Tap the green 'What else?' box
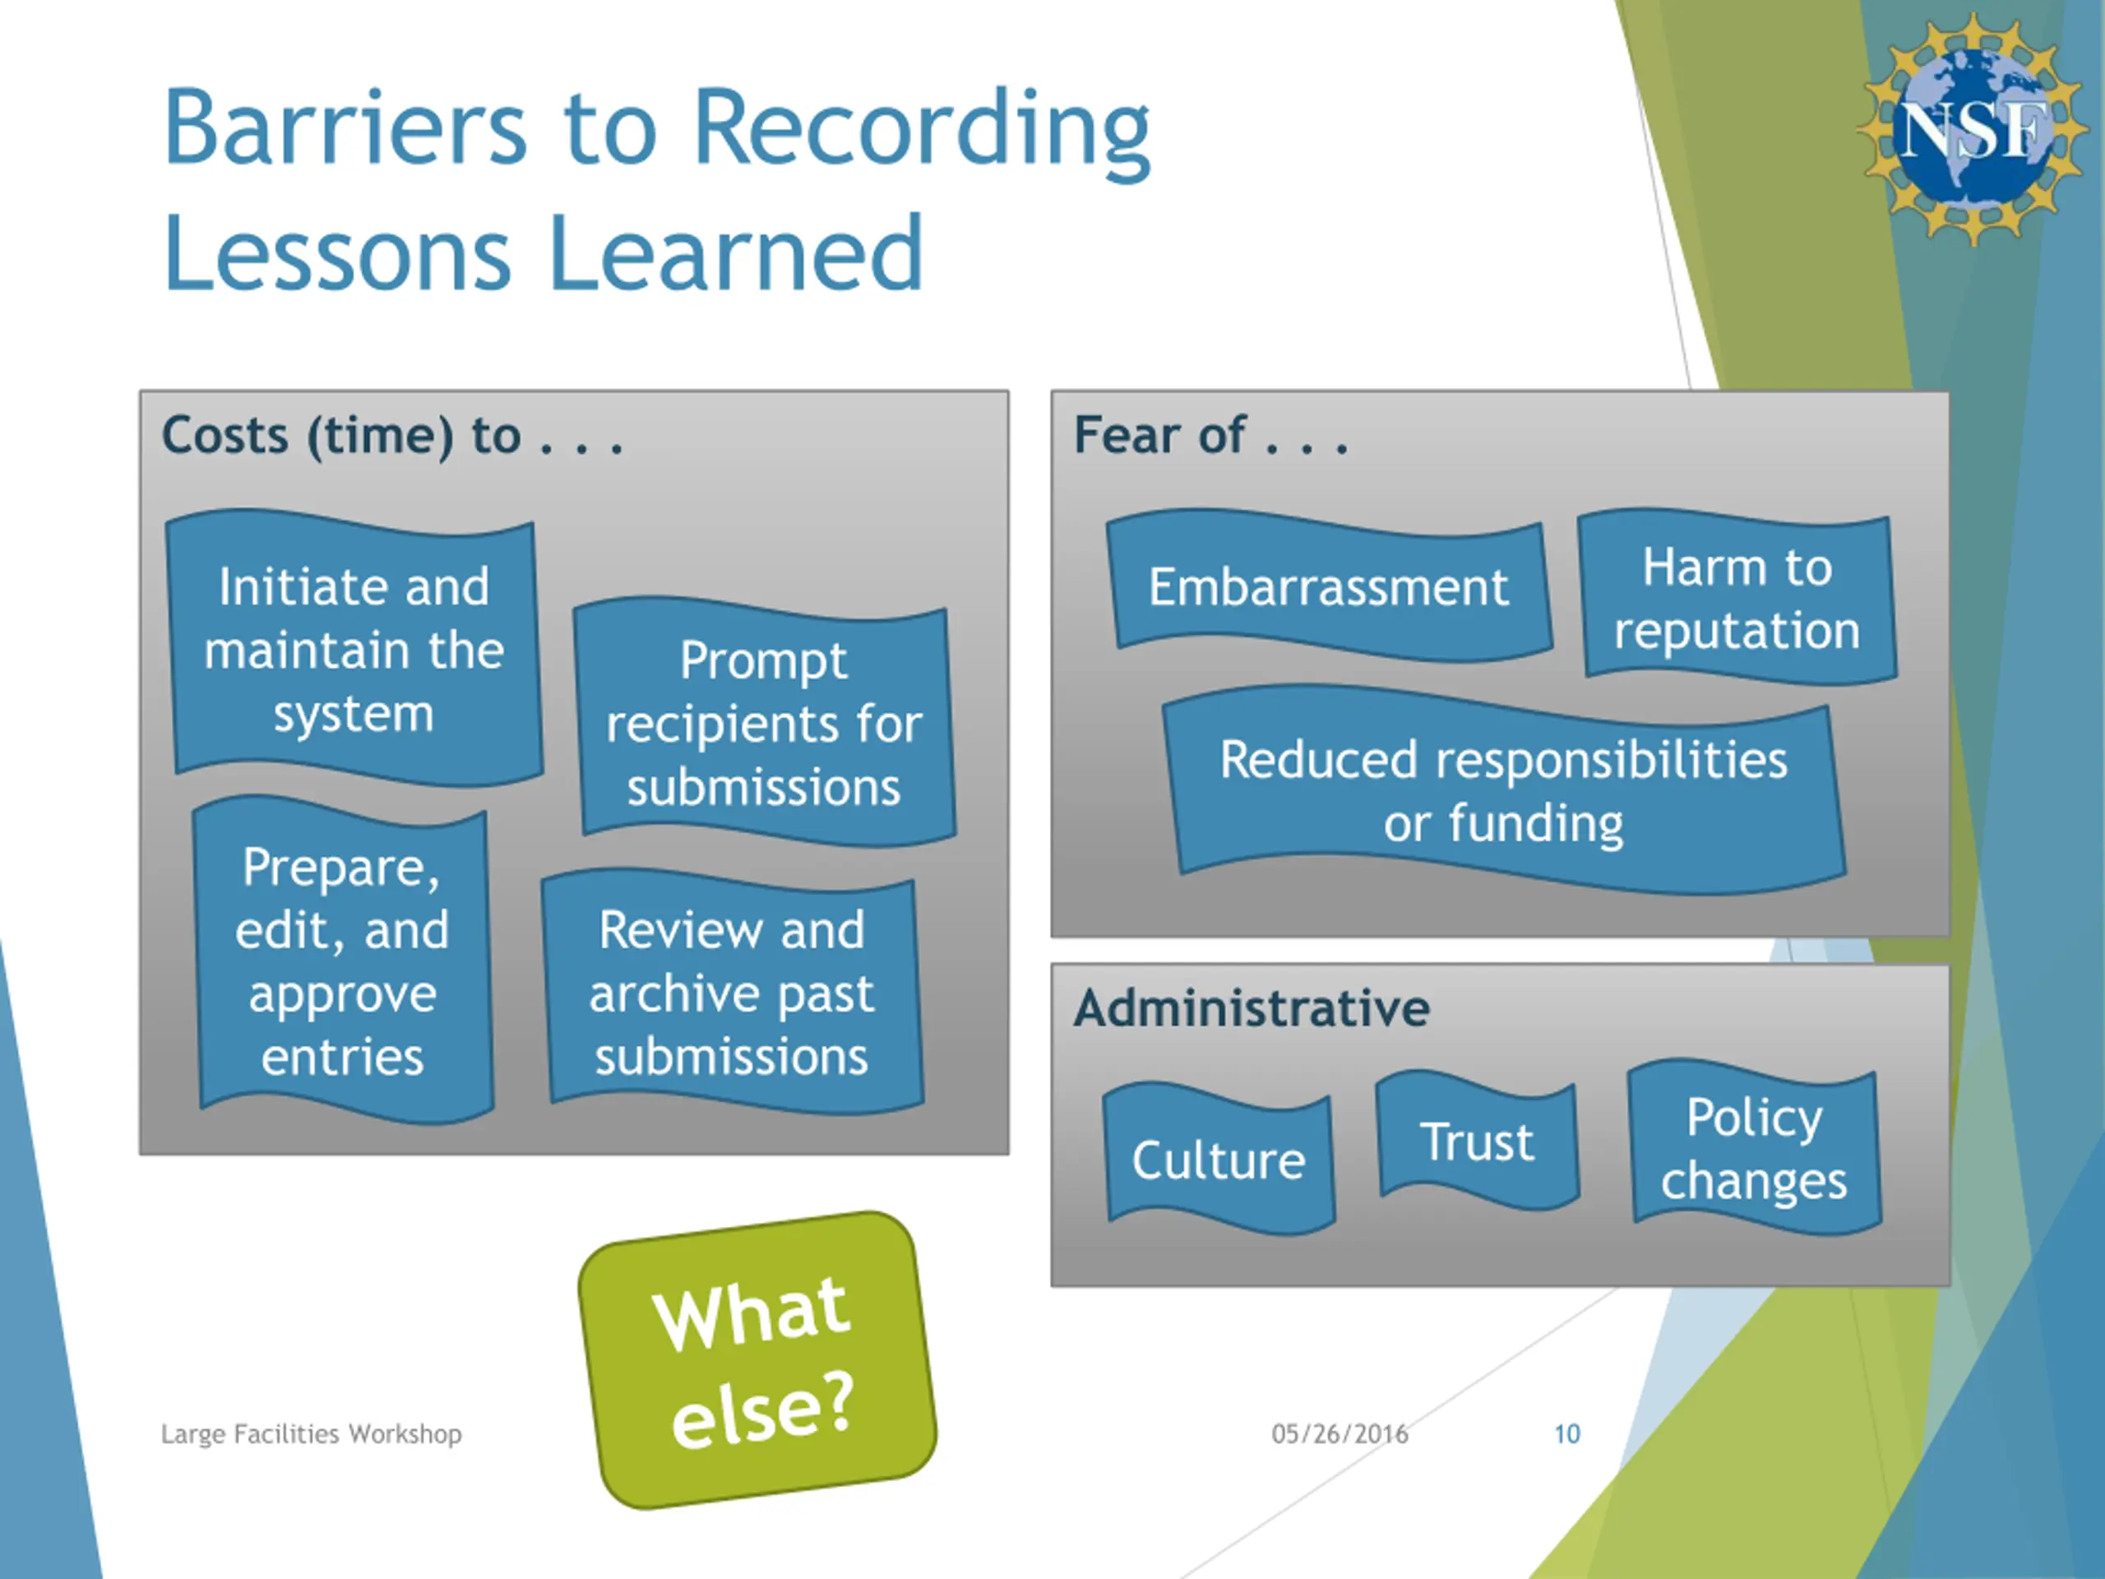757,1360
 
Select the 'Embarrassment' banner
1329,586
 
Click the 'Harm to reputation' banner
1737,598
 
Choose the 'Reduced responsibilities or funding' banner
1504,791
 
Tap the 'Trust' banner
1477,1141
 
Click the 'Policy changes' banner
1755,1149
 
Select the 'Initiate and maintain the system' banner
354,649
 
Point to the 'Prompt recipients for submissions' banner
764,724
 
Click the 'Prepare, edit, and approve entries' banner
343,961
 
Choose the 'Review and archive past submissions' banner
732,993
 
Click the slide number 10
1566,1433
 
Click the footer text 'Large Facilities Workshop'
311,1433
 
